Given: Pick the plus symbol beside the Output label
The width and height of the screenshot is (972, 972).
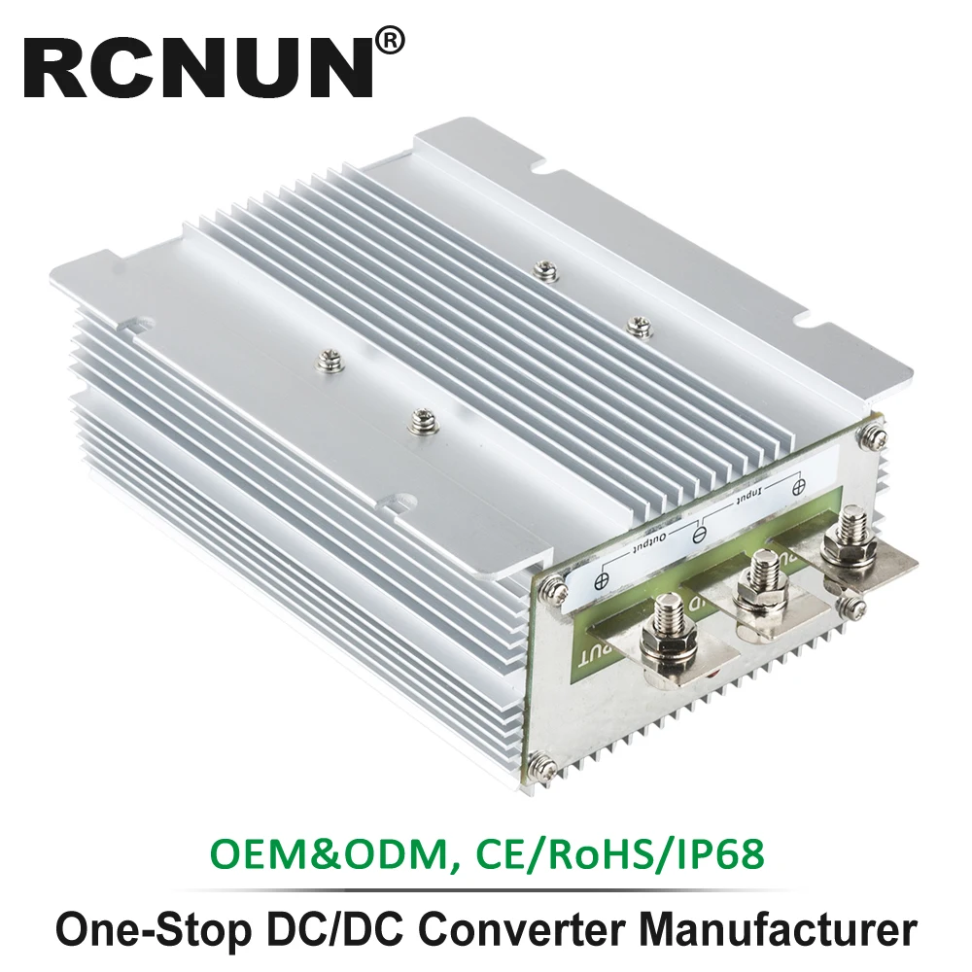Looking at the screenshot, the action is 601,580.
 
